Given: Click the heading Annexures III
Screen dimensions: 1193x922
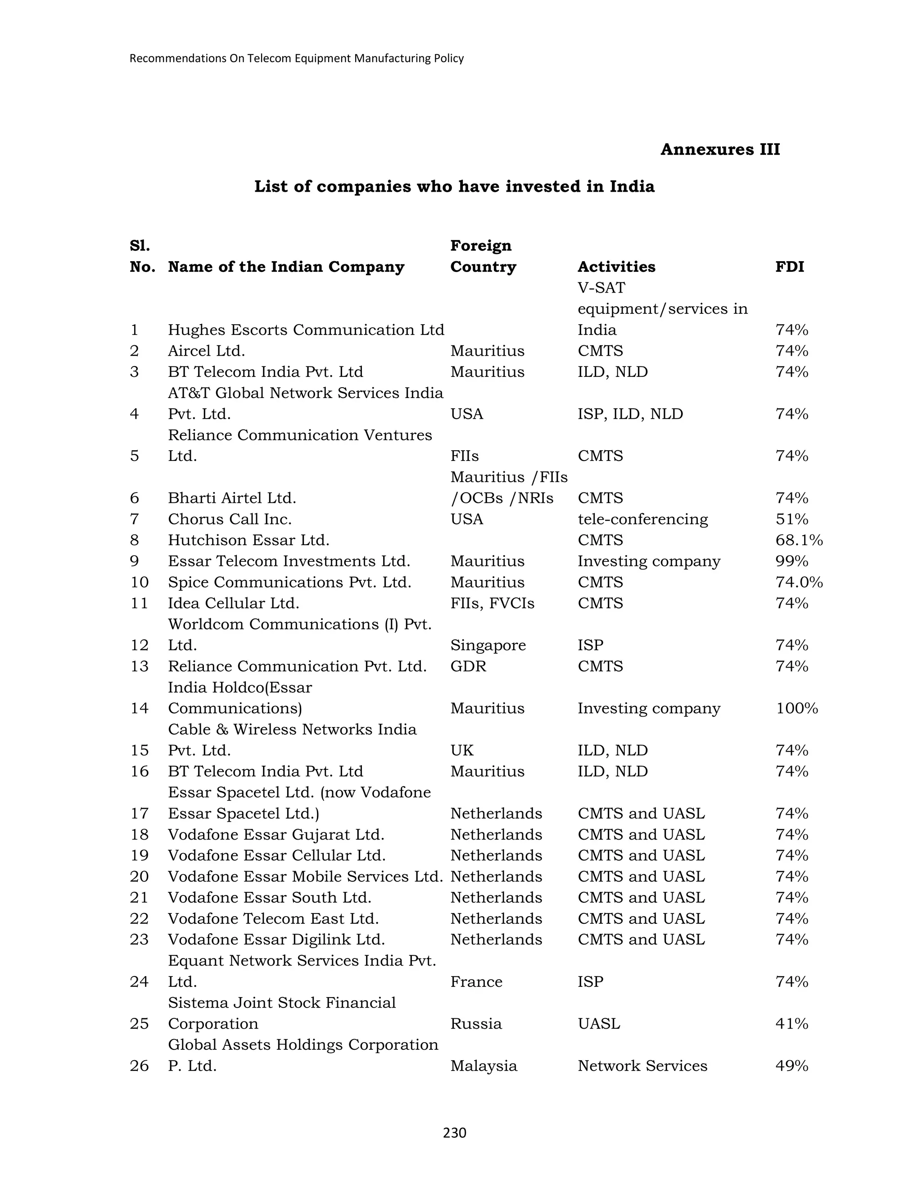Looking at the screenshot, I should point(720,149).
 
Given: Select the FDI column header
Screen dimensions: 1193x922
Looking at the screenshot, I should point(789,267).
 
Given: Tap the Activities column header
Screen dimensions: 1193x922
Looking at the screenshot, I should point(616,267).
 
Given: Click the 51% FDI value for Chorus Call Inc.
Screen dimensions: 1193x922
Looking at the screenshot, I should point(791,520).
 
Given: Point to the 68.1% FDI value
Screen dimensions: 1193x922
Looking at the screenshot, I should point(799,540).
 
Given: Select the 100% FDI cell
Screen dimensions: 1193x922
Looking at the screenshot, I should point(796,709).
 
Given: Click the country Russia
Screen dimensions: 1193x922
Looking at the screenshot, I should point(475,1024).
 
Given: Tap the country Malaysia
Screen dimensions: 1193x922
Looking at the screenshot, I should point(483,1066).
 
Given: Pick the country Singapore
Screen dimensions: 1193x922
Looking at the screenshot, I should point(487,646).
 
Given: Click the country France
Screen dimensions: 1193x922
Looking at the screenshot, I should point(476,981).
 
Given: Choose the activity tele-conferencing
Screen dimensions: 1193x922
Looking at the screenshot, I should point(642,520).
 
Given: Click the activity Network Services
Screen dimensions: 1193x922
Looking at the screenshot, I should point(642,1066).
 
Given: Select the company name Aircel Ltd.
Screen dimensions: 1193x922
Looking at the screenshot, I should point(206,351).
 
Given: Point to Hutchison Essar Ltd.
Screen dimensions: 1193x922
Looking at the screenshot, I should point(248,540).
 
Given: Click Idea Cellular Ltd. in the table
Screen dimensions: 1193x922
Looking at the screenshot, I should point(233,604).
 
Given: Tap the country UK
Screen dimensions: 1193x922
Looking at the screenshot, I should point(461,750).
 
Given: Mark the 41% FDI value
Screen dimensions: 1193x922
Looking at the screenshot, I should point(791,1024).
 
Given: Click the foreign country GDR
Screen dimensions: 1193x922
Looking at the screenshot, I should point(468,666).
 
